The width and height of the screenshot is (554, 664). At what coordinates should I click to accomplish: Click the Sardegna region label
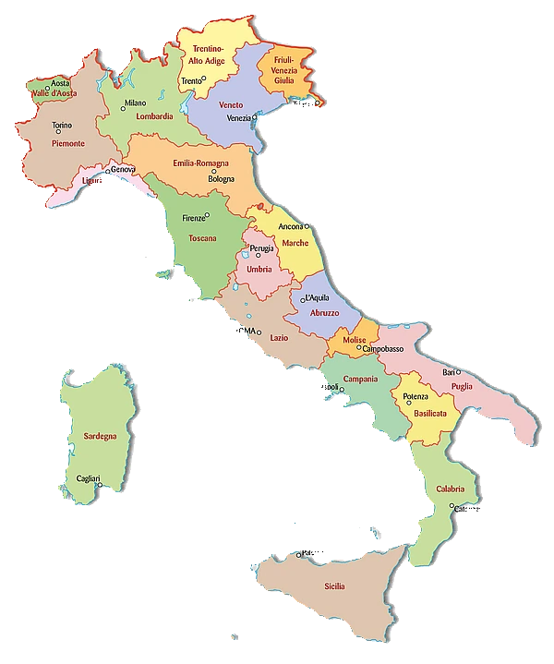(99, 436)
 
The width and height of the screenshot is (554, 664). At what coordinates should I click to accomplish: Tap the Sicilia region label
(335, 586)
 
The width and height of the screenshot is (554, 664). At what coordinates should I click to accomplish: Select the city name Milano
(135, 103)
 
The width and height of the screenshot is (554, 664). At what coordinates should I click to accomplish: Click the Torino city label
(62, 125)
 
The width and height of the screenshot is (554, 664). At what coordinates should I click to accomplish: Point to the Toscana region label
(202, 238)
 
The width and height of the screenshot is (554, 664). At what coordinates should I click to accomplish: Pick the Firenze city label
(193, 218)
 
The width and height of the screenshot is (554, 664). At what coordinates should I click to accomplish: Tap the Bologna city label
(221, 178)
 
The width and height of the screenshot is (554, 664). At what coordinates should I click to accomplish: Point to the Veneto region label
(231, 104)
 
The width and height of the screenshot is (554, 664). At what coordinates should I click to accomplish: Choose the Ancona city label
(291, 226)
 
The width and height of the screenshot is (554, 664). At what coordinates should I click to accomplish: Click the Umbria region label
(259, 269)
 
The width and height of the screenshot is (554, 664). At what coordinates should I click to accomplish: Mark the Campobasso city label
(382, 349)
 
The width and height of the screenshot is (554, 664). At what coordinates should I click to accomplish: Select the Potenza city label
(415, 396)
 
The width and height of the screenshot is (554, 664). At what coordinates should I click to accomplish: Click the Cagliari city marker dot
(96, 485)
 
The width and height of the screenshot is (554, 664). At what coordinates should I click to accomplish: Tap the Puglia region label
(463, 386)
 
